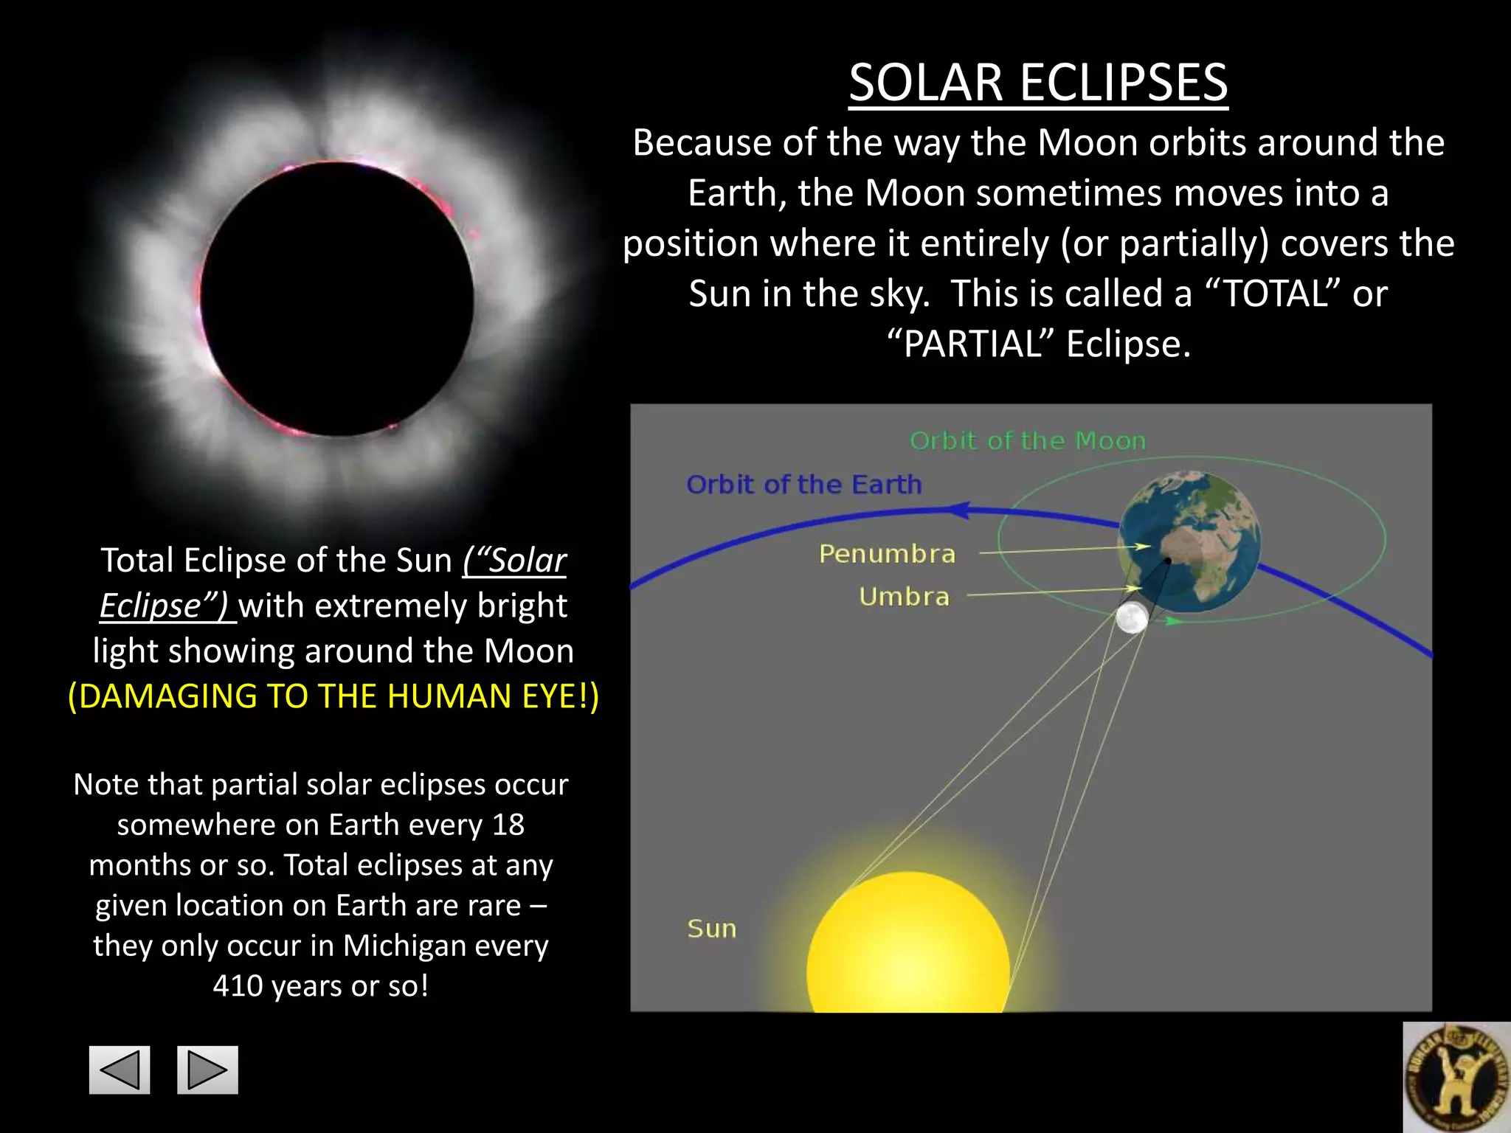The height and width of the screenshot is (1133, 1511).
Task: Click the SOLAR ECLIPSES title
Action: pyautogui.click(x=1038, y=82)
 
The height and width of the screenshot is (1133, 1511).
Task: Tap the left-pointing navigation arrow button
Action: pyautogui.click(x=120, y=1070)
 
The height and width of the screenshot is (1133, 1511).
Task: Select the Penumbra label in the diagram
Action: pyautogui.click(x=887, y=553)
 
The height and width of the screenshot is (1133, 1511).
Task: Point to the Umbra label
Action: pyautogui.click(x=904, y=596)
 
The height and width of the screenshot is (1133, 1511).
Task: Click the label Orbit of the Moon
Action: pyautogui.click(x=1028, y=441)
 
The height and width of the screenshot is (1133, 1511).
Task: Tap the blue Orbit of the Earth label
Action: pyautogui.click(x=803, y=485)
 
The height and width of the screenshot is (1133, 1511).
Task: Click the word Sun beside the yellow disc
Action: pyautogui.click(x=711, y=929)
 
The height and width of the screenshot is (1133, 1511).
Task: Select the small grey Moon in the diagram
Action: pyautogui.click(x=1132, y=618)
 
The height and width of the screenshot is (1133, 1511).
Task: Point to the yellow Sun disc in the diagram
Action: pyautogui.click(x=908, y=952)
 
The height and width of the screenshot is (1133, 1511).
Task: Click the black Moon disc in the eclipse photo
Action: pyautogui.click(x=337, y=299)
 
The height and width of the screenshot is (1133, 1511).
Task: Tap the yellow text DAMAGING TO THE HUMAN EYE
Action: pyautogui.click(x=333, y=696)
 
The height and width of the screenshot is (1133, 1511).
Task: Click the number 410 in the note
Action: pyautogui.click(x=238, y=986)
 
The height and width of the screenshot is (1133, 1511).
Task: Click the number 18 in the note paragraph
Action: pyautogui.click(x=508, y=825)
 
